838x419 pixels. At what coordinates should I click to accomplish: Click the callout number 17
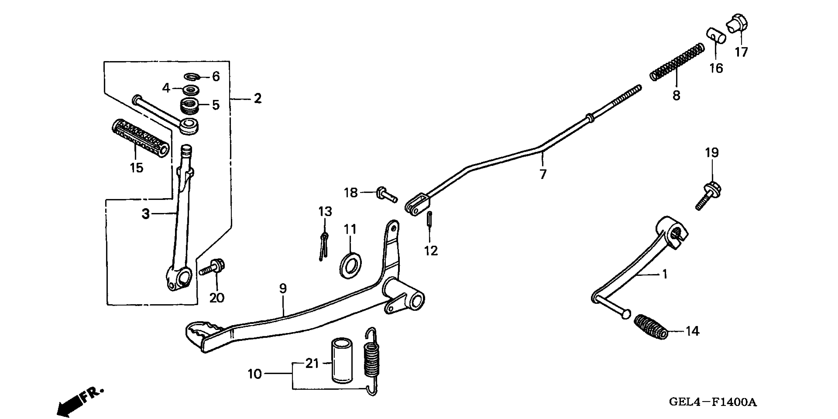click(741, 52)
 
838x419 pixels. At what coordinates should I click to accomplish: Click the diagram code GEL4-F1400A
click(713, 402)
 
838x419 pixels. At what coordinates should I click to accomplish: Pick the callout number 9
click(283, 288)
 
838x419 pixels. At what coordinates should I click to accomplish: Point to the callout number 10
click(255, 374)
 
